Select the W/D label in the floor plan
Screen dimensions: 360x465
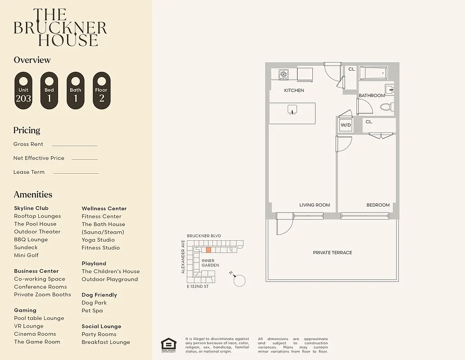coord(345,125)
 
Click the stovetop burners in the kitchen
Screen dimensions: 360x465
coord(283,74)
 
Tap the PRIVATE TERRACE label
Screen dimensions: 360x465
coord(332,252)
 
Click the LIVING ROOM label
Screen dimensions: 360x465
coord(314,205)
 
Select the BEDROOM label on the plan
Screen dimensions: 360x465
coord(378,205)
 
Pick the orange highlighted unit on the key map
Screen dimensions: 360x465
coord(208,249)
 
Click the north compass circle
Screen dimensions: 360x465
coord(240,280)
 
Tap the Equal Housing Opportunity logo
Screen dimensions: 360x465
coord(168,344)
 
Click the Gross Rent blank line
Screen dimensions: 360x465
coord(74,145)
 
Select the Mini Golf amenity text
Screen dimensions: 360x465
coord(26,255)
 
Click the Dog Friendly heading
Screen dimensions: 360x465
coord(99,295)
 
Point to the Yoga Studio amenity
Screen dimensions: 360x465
coord(98,240)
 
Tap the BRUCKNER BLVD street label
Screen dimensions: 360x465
coord(204,236)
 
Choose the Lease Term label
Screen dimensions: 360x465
coord(29,172)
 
